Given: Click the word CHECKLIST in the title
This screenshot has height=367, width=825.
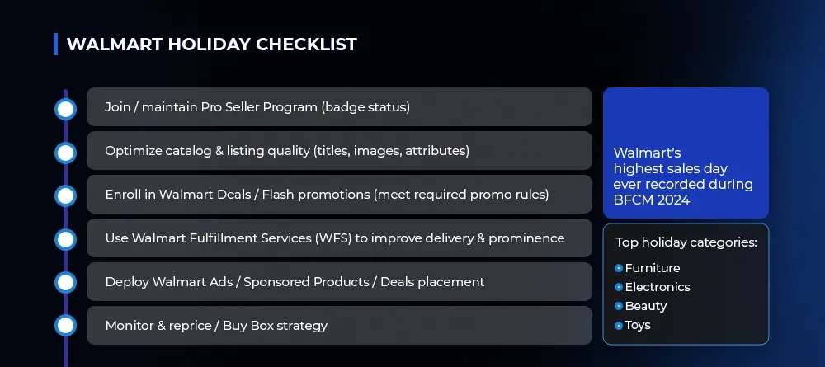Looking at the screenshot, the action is click(306, 45).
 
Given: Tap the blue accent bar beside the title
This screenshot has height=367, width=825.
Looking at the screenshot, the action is click(56, 45).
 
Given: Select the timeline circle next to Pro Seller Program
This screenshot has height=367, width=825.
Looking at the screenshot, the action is click(65, 110).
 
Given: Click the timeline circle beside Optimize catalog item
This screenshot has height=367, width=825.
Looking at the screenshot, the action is click(65, 153).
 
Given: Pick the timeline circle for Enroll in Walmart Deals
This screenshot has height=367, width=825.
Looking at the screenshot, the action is click(65, 196).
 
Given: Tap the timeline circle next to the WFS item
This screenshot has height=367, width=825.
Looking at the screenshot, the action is click(65, 239).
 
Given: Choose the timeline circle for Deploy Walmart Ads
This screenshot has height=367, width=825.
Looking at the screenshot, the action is click(65, 282).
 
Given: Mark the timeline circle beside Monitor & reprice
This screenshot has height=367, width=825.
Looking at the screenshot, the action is click(65, 326).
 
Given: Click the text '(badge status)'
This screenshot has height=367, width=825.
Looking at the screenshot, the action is click(365, 107).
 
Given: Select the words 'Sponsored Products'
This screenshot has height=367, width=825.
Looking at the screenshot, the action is click(306, 282).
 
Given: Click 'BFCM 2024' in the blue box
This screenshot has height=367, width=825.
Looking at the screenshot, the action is click(652, 200).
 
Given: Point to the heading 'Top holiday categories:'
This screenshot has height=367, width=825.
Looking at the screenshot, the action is click(686, 243).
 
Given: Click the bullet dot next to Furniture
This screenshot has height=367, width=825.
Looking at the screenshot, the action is click(619, 268).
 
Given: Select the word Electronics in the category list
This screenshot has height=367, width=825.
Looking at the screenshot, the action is click(658, 287).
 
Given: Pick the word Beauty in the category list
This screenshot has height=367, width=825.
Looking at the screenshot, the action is click(646, 306).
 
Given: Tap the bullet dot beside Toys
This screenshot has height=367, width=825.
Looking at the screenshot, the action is click(619, 326).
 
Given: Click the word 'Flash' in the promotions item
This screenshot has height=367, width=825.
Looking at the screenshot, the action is click(277, 195).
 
